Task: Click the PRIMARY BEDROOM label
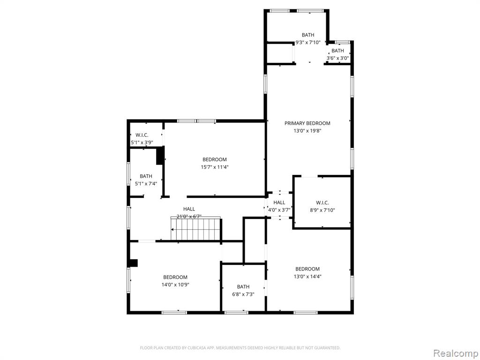pos(307,123)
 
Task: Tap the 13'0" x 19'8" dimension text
pos(307,131)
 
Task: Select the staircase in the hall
pos(196,229)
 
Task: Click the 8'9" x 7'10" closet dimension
pos(322,210)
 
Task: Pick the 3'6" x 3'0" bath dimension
pos(337,58)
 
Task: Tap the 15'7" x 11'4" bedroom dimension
pos(215,167)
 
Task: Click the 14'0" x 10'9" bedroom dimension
pos(175,285)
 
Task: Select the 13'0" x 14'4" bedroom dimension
pos(307,276)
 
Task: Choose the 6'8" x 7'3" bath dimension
pos(243,294)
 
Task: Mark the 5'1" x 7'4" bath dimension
pos(146,184)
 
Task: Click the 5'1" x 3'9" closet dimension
pos(142,142)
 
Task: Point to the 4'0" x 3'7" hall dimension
pos(279,210)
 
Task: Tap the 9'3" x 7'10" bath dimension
pos(307,43)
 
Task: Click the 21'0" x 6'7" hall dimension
pos(189,217)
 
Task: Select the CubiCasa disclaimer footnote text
pos(240,348)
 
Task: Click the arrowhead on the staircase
pos(172,229)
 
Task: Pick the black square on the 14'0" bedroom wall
pos(134,263)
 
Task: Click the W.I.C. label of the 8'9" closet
pos(322,202)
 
